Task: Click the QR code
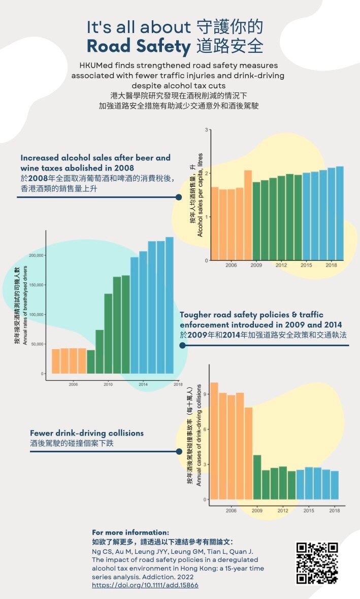coord(317,563)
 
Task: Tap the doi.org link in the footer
coord(145,585)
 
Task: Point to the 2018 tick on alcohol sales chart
coord(331,265)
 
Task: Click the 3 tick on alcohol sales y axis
coord(207,130)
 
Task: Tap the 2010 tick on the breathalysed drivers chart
coord(108,385)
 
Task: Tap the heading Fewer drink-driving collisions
coord(87,433)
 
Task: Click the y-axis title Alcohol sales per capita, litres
coord(200,195)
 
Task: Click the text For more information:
coord(130,533)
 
